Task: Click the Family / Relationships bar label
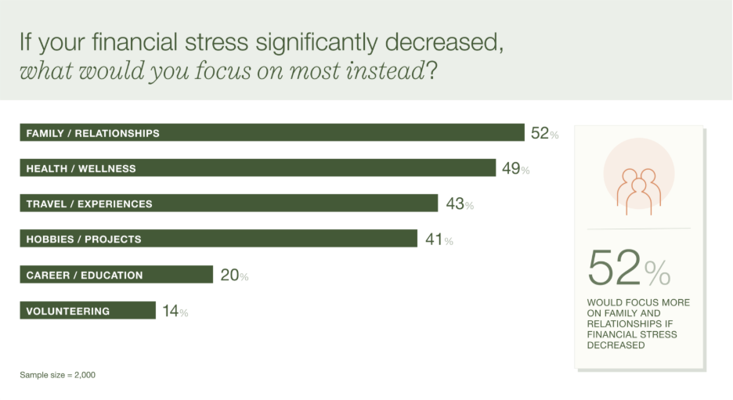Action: (x=92, y=133)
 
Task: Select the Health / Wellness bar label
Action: (x=81, y=168)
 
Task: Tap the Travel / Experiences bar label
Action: (x=88, y=204)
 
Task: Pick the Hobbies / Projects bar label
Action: (x=83, y=240)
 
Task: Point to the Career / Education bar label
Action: (x=84, y=276)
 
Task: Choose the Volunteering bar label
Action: (x=67, y=312)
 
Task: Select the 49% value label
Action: (x=515, y=168)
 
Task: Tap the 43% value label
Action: (x=459, y=204)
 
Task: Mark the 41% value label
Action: (x=439, y=240)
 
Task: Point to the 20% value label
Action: (x=233, y=276)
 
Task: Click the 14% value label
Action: (x=175, y=312)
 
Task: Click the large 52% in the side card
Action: (x=629, y=268)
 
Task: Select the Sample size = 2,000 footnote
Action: (x=57, y=375)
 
